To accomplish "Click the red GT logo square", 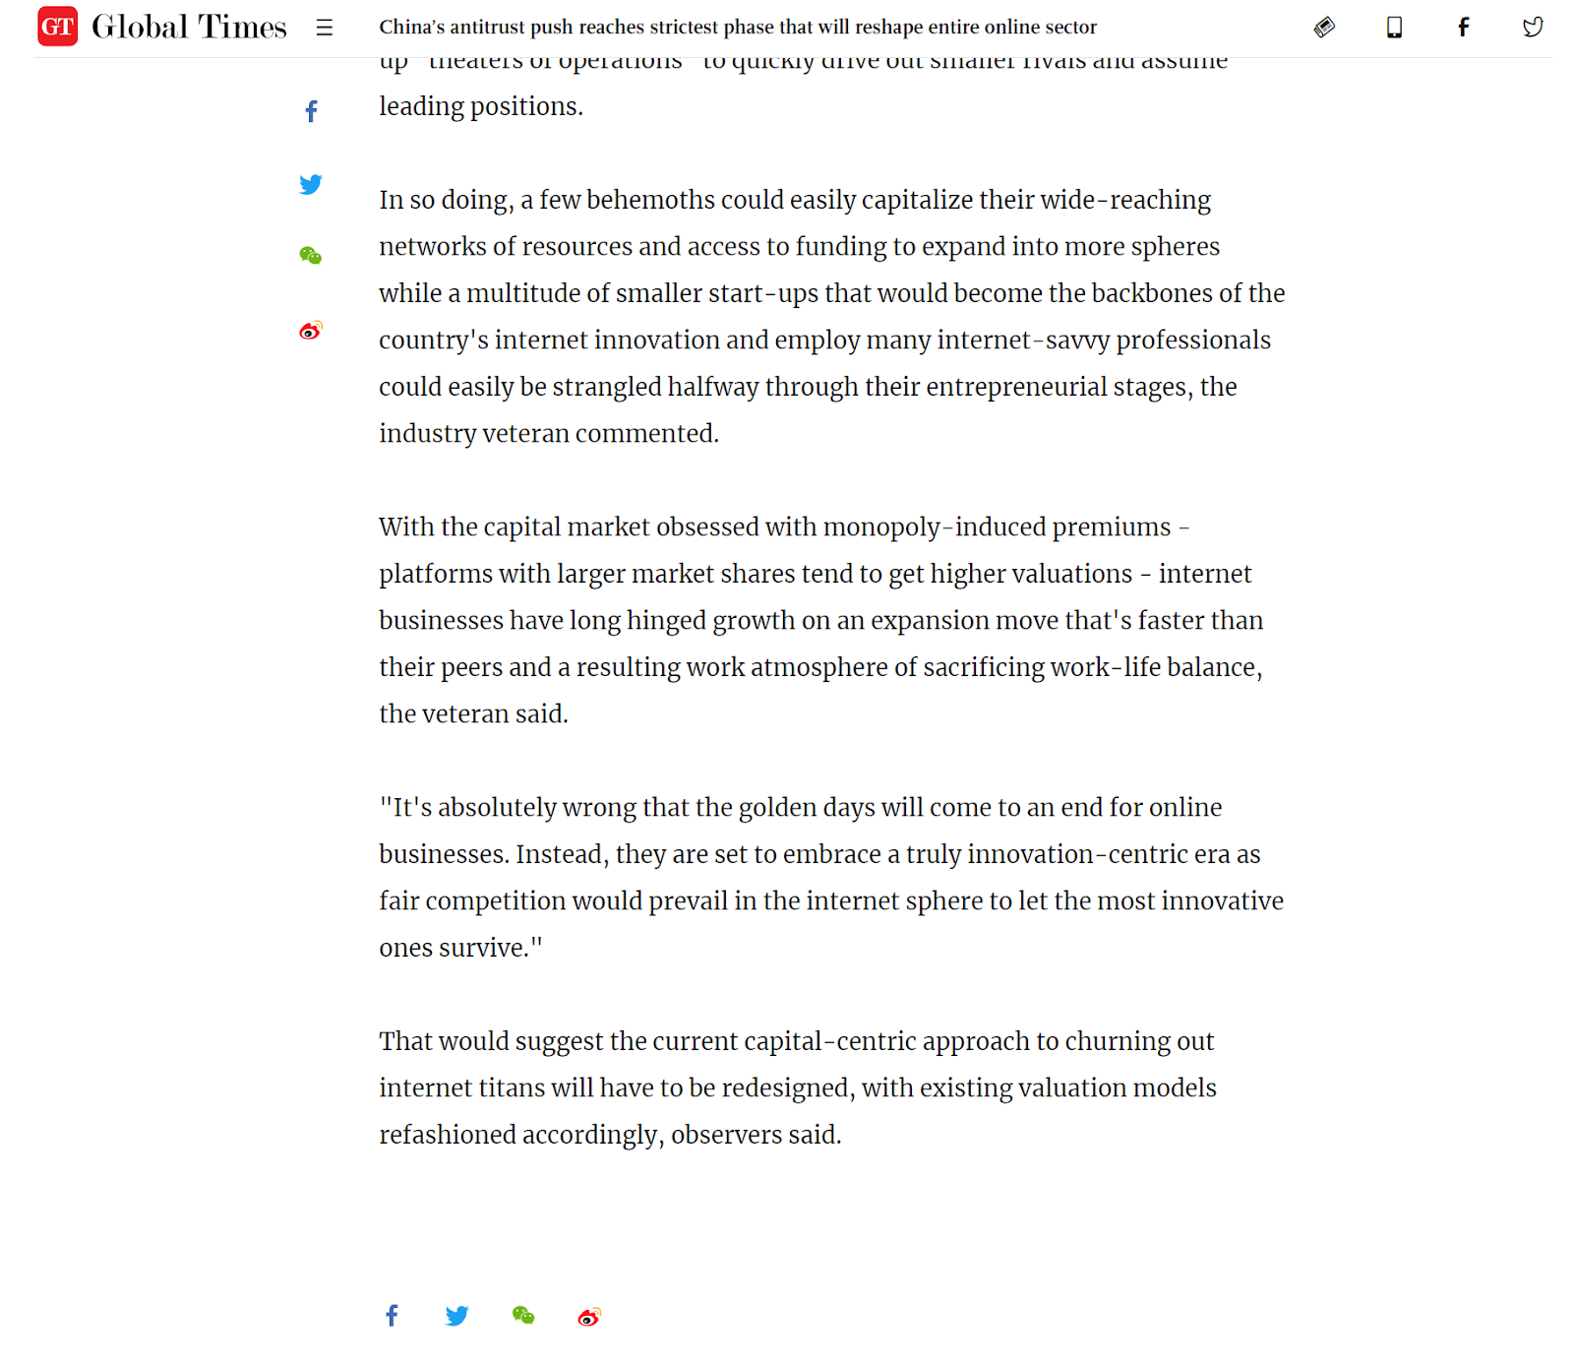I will (57, 27).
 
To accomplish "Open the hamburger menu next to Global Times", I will (325, 28).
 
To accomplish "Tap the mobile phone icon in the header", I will (1394, 28).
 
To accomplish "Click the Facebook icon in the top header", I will (1464, 28).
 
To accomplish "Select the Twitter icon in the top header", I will (1533, 28).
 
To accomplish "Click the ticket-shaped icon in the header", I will (1324, 28).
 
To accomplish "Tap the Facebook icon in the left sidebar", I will (311, 111).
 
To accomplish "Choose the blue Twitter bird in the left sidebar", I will (311, 184).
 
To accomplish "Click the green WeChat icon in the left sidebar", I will (311, 256).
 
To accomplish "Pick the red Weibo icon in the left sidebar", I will (311, 331).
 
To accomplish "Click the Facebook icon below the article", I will (392, 1316).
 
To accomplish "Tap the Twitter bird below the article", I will (456, 1316).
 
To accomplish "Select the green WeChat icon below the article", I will (523, 1316).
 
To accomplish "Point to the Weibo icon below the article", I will (589, 1317).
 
